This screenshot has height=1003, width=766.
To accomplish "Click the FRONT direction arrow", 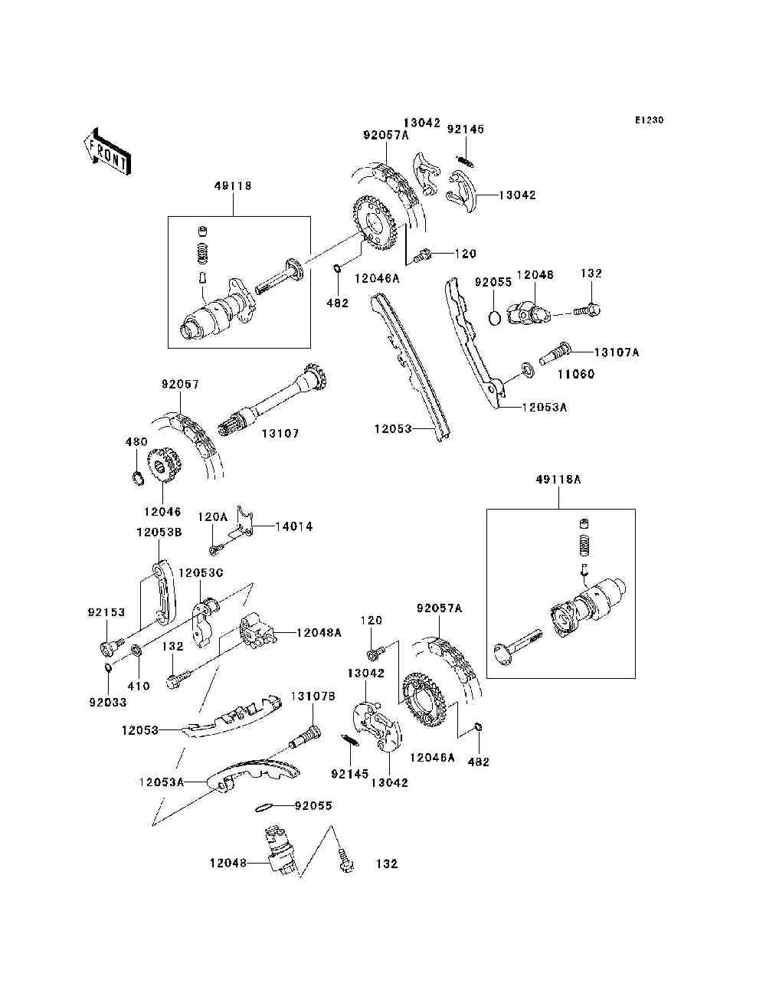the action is [x=107, y=151].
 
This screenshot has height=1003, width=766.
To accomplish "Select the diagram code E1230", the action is [x=649, y=120].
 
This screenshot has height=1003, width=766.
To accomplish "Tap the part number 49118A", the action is [x=558, y=480].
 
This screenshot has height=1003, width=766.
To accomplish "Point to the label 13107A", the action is [x=616, y=352].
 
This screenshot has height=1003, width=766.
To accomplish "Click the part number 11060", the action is [x=576, y=374].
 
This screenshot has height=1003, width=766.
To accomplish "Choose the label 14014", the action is [x=293, y=527].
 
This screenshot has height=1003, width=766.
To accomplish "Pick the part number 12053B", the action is [x=159, y=533].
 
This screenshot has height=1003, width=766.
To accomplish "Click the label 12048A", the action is [x=319, y=633].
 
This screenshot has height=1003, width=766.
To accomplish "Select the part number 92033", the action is [x=108, y=703].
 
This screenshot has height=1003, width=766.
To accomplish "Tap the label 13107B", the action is [x=313, y=696].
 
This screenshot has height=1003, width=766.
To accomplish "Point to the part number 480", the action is [x=136, y=442].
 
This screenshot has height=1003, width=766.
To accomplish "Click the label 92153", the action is [x=106, y=612].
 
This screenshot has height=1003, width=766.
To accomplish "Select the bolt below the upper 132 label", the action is [x=587, y=311].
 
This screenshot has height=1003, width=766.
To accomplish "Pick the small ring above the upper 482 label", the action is [x=337, y=267].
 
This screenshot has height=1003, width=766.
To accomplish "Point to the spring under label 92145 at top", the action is [x=466, y=162].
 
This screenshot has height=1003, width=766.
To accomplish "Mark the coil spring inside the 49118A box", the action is [x=585, y=546].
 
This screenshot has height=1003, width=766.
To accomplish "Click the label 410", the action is [x=139, y=686].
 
